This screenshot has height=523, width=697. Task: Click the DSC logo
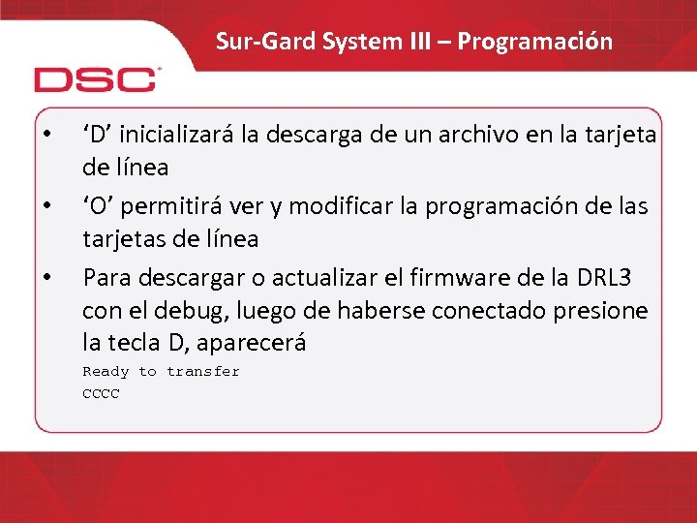[x=95, y=78]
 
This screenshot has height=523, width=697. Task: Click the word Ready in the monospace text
[x=106, y=371]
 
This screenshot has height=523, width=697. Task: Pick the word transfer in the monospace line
[x=203, y=371]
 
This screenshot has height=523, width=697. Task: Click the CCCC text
[x=101, y=394]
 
